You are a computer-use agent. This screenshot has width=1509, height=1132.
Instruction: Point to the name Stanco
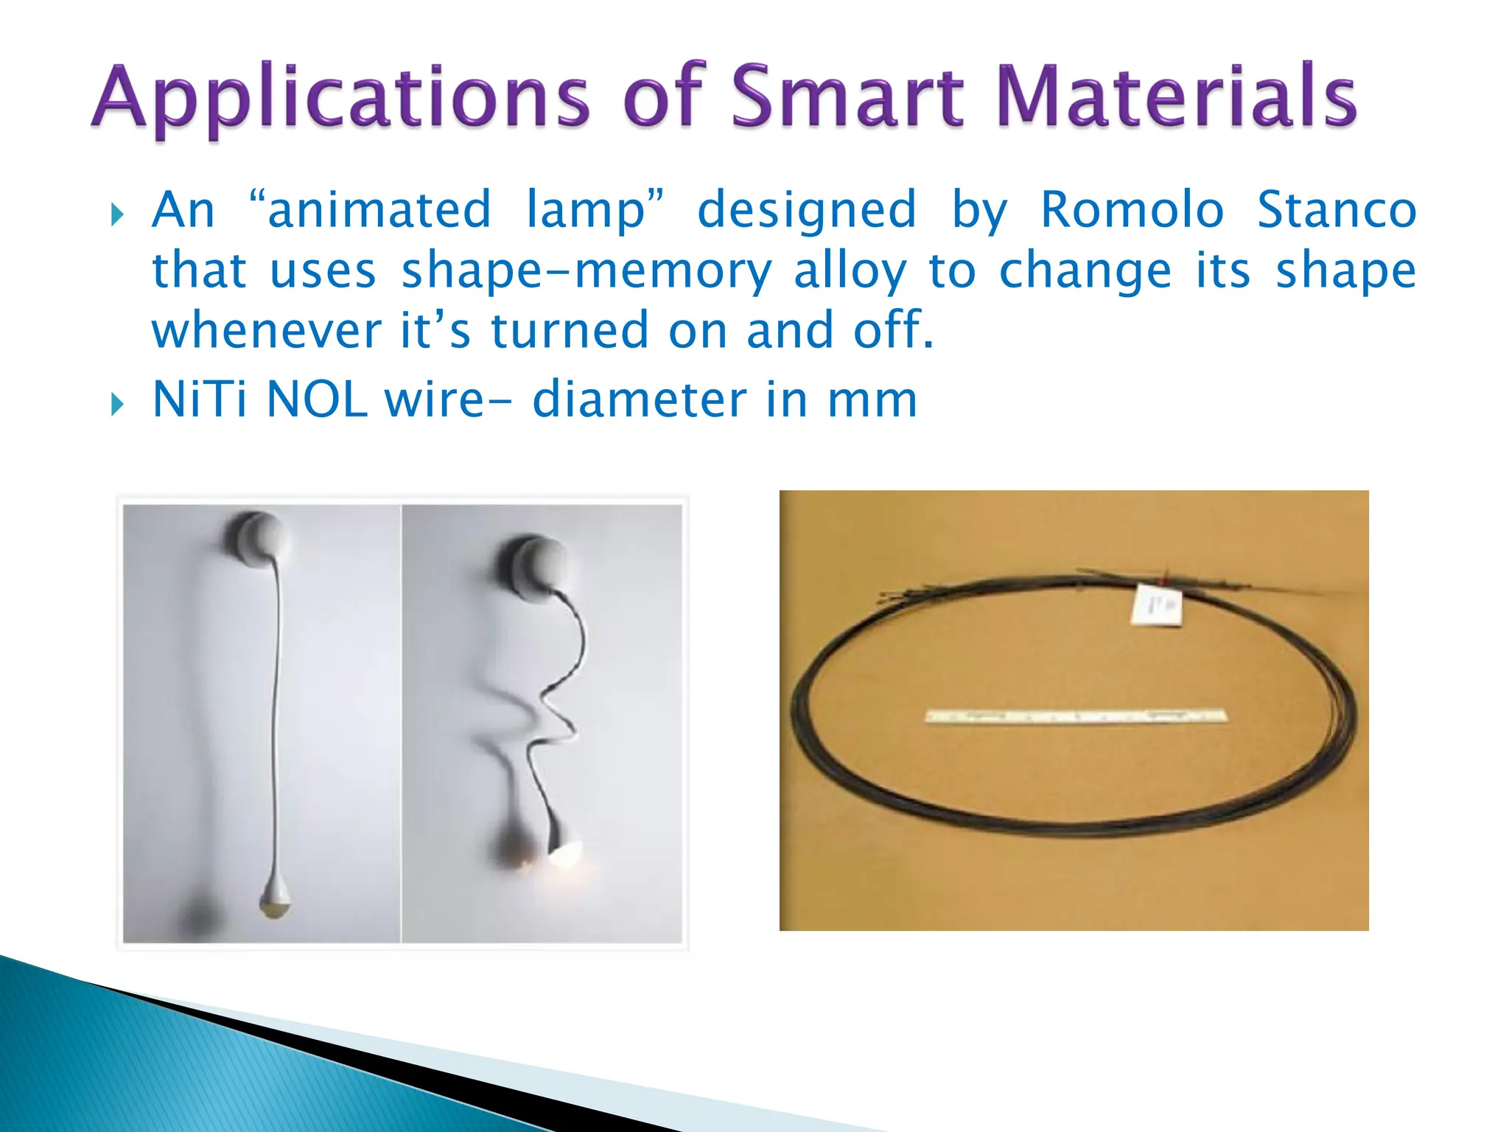coord(1337,210)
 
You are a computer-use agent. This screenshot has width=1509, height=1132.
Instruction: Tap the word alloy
coord(849,272)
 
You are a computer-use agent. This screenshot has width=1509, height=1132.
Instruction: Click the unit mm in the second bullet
coord(872,401)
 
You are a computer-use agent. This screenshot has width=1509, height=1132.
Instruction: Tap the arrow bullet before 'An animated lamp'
coord(117,215)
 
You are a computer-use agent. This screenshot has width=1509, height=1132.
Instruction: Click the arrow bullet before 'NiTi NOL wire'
coord(117,404)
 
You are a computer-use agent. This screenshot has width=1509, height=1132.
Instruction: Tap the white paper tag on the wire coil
coord(1158,605)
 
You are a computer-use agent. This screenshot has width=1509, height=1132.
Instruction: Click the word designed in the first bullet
coord(808,210)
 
